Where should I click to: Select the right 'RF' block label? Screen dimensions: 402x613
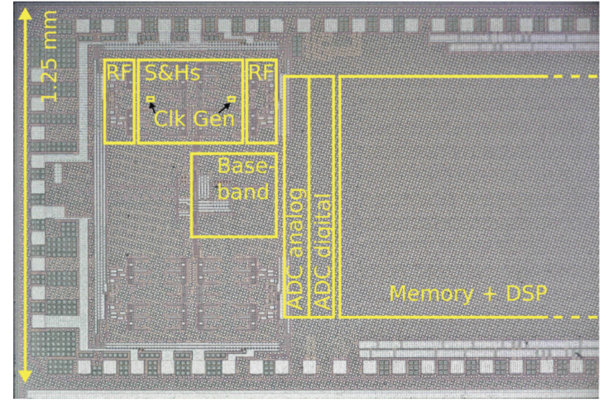[x=261, y=71]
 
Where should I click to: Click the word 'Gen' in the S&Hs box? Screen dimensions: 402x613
[x=214, y=118]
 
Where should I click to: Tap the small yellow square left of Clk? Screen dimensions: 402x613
[x=151, y=100]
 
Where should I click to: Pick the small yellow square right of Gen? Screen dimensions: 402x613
[x=232, y=100]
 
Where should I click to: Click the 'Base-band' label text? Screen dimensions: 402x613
[x=244, y=179]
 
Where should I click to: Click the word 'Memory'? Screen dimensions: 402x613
[x=430, y=294]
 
